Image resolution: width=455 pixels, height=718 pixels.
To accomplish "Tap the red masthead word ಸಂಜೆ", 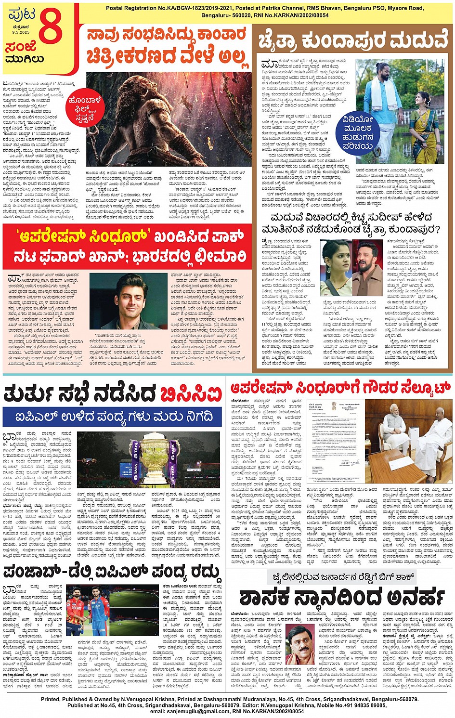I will click(21, 48).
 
